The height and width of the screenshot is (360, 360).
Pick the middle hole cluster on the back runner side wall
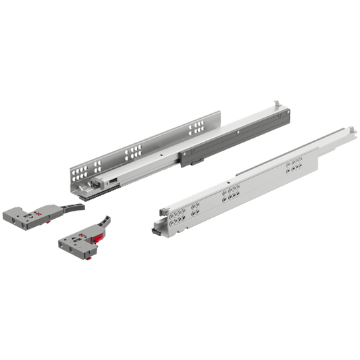pos(134,151)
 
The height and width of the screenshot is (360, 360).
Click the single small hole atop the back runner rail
pos(160,153)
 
